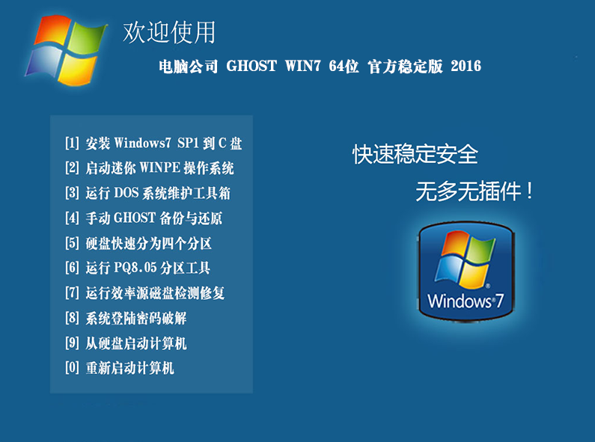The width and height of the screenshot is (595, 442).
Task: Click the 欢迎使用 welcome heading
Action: pos(169,32)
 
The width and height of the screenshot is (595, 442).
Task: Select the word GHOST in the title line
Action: pos(251,66)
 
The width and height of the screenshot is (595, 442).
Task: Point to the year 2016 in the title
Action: pos(466,66)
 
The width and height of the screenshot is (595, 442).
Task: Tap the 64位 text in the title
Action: pos(344,66)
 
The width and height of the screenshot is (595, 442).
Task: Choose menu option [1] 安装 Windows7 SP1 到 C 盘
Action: pos(153,144)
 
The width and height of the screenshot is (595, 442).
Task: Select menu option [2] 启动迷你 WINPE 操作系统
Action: pos(149,168)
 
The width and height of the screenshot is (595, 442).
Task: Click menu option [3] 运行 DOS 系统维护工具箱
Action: pos(147,193)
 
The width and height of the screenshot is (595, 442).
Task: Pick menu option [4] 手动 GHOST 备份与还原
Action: pos(144,218)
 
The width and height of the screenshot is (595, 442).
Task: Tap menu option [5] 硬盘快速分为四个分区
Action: pos(138,243)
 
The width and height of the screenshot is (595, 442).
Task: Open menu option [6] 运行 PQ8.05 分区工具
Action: pos(138,268)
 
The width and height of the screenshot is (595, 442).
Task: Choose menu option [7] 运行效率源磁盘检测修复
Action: pos(144,292)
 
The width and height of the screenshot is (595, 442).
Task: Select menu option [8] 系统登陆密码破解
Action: pos(126,318)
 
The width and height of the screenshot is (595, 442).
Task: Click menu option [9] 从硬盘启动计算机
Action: pos(126,343)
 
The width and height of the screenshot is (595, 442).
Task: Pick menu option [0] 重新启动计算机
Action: pos(120,368)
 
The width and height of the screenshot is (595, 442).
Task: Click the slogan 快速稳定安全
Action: pos(415,154)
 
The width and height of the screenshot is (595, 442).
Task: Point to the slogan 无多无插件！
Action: pos(475,191)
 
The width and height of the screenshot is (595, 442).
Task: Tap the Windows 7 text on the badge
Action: pos(466,301)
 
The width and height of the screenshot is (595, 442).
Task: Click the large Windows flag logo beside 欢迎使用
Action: pos(66,49)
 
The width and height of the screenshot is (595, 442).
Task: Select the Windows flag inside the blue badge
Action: pos(465,259)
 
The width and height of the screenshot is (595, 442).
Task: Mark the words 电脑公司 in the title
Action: pos(188,67)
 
